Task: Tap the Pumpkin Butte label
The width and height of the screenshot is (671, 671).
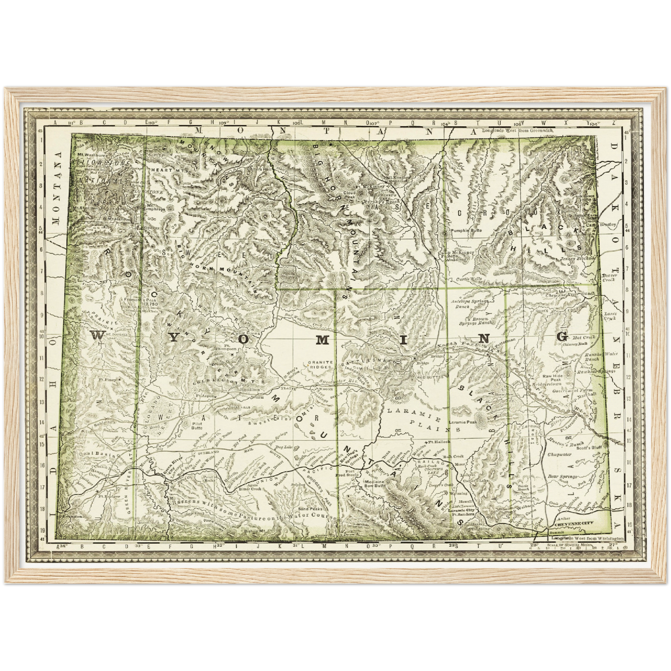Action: coord(466,231)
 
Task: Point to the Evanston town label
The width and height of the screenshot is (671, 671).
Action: coord(72,516)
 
